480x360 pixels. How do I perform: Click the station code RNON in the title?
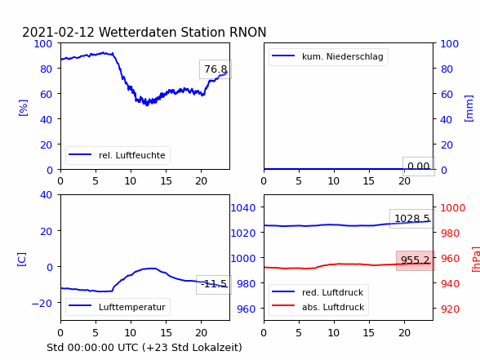pyautogui.click(x=248, y=32)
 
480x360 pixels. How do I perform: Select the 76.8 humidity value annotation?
pyautogui.click(x=216, y=69)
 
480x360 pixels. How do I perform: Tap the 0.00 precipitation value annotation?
pyautogui.click(x=419, y=167)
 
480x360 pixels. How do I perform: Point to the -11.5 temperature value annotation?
pyautogui.click(x=214, y=284)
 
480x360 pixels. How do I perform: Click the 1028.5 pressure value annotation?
pyautogui.click(x=412, y=219)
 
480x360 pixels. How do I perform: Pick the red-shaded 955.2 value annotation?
pyautogui.click(x=416, y=260)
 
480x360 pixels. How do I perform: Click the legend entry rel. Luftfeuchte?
pyautogui.click(x=118, y=155)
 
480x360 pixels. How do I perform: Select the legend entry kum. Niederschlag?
pyautogui.click(x=328, y=56)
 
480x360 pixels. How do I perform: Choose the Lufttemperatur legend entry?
pyautogui.click(x=118, y=307)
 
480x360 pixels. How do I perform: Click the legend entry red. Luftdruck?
pyautogui.click(x=318, y=292)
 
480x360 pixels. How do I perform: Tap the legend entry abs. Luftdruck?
pyautogui.click(x=318, y=307)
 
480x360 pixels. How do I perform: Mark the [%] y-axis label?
pyautogui.click(x=23, y=108)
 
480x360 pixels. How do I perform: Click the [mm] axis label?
pyautogui.click(x=469, y=109)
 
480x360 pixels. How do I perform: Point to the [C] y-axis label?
pyautogui.click(x=22, y=260)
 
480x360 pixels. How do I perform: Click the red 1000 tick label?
pyautogui.click(x=453, y=208)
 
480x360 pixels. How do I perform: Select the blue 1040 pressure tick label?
pyautogui.click(x=243, y=208)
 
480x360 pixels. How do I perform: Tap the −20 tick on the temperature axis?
pyautogui.click(x=42, y=303)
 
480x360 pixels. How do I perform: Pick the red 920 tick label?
pyautogui.click(x=450, y=309)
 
